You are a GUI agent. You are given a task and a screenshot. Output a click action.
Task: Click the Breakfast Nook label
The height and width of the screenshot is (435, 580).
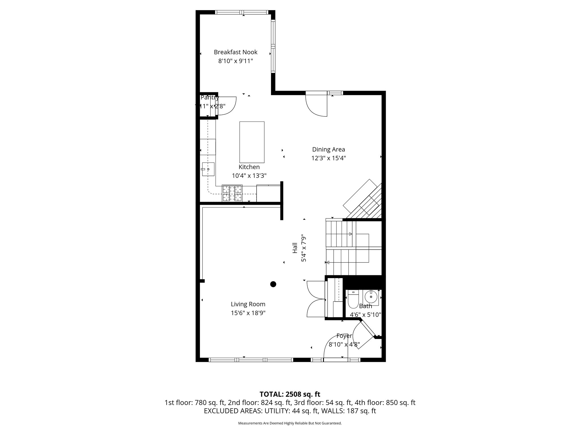point(235,52)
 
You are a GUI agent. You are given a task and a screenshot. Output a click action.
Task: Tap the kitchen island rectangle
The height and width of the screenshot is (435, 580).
point(252,142)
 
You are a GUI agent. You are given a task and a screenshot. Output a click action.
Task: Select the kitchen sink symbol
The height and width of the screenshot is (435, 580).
point(208,169)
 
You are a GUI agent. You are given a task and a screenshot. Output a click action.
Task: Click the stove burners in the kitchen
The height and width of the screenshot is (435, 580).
point(232,193)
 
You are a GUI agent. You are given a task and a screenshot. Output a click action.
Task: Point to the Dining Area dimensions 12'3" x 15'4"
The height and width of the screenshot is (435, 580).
point(329,158)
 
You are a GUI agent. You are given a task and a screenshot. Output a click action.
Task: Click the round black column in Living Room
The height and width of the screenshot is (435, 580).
point(273,284)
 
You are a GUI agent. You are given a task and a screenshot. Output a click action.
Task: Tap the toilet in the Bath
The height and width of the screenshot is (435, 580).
point(353,299)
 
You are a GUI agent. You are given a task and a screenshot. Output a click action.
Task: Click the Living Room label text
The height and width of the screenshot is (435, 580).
point(248,304)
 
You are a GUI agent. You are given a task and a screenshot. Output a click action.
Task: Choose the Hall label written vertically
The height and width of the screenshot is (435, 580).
point(295,248)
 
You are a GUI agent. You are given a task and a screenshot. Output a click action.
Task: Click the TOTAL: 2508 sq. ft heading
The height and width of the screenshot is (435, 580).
point(290,394)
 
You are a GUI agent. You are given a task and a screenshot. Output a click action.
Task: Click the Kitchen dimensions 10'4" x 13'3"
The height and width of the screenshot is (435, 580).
point(249,176)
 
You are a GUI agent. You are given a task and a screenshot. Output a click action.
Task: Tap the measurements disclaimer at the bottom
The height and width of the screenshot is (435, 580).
point(290,423)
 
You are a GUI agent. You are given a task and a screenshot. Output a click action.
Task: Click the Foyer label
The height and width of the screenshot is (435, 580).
point(344,336)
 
